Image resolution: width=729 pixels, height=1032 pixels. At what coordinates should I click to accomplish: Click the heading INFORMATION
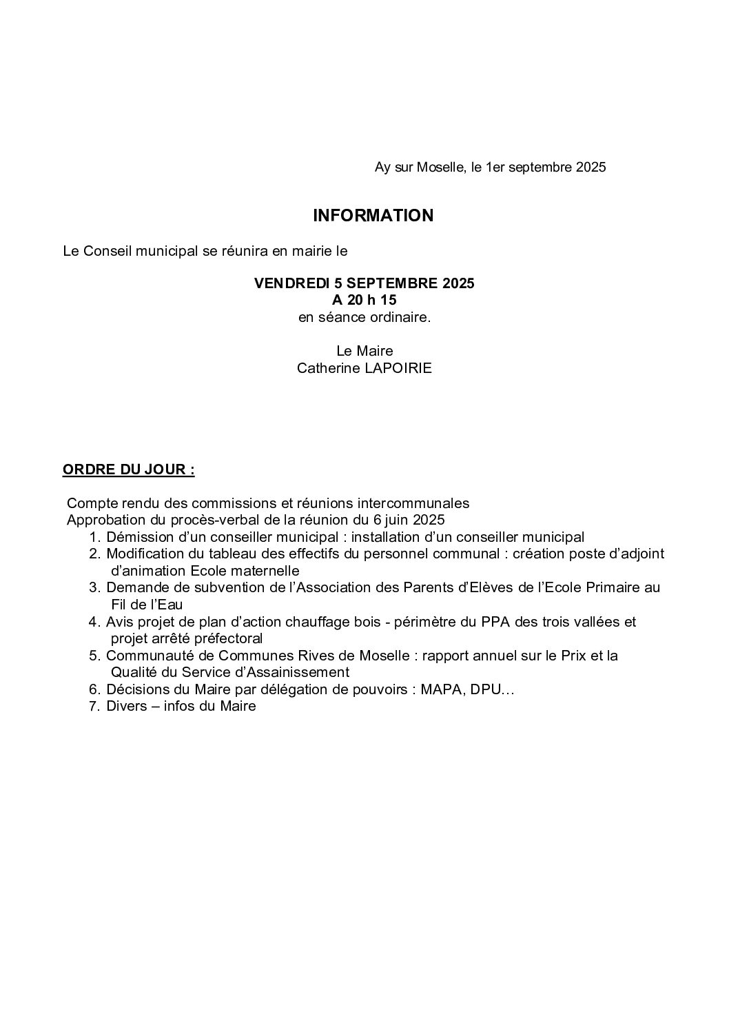pyautogui.click(x=373, y=216)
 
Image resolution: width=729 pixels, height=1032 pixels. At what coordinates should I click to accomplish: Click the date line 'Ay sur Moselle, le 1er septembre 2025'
pyautogui.click(x=490, y=168)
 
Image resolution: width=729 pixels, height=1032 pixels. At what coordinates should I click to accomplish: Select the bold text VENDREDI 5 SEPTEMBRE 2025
pyautogui.click(x=364, y=283)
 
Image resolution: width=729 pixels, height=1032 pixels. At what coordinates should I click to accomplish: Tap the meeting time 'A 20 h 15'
pyautogui.click(x=364, y=301)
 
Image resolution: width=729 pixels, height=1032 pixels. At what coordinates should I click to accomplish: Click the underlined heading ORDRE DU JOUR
pyautogui.click(x=128, y=470)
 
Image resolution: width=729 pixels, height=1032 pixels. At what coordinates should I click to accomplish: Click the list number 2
pyautogui.click(x=94, y=554)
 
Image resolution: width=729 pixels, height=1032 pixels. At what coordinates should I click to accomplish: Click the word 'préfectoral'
pyautogui.click(x=228, y=639)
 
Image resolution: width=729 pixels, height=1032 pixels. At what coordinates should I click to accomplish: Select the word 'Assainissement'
pyautogui.click(x=300, y=672)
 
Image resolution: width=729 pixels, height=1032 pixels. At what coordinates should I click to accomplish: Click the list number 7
pyautogui.click(x=94, y=706)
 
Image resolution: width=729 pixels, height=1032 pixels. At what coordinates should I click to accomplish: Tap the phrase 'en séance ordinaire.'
pyautogui.click(x=364, y=318)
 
